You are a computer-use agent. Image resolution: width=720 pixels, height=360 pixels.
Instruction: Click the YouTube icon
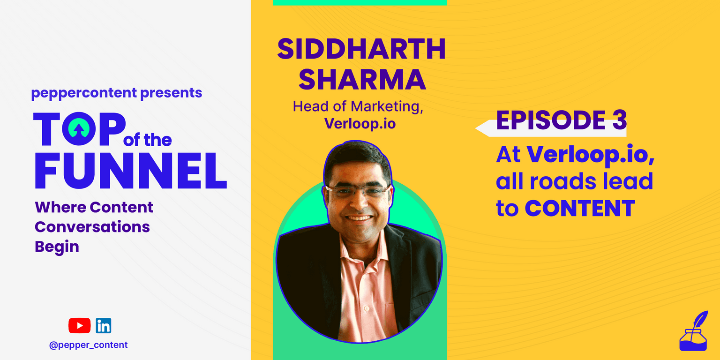click(79, 326)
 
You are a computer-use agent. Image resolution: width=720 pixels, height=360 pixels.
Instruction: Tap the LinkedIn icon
click(104, 326)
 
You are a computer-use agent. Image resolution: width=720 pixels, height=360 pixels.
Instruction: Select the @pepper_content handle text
click(89, 345)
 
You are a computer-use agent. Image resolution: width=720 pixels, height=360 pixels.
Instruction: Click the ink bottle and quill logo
click(693, 331)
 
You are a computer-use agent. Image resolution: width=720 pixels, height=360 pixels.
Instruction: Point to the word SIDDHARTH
click(361, 49)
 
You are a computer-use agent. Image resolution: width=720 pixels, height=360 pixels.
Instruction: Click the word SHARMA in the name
click(362, 80)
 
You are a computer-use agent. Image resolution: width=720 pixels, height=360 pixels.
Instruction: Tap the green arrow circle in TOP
click(79, 128)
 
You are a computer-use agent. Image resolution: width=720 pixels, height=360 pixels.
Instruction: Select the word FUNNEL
click(131, 171)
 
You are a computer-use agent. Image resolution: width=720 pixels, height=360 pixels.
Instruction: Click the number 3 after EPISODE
click(620, 120)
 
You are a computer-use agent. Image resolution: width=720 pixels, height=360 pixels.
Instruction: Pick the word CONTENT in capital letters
click(580, 208)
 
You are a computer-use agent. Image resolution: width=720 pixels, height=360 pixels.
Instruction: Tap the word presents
click(171, 93)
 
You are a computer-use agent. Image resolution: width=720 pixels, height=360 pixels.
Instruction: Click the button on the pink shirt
click(366, 309)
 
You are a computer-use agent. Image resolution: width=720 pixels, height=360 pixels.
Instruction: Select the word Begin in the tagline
click(57, 247)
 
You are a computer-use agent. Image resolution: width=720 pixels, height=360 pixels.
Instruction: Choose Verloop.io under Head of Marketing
click(360, 124)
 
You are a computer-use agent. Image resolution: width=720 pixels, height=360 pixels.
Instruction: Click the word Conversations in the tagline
click(92, 227)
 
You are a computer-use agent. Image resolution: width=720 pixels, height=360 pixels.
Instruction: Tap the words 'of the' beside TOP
click(148, 140)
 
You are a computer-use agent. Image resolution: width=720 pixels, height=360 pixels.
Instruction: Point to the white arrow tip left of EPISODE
click(476, 128)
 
